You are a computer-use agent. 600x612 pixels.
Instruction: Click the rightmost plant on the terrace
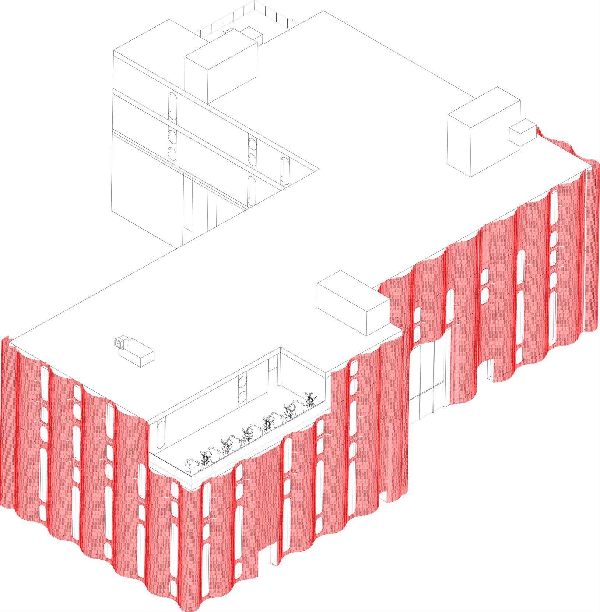(x=310, y=399)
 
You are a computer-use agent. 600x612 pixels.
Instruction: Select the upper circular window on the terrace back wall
(x=242, y=381)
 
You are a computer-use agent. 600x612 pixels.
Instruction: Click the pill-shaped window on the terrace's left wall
(x=161, y=434)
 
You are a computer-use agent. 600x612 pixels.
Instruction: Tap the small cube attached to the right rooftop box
(x=522, y=132)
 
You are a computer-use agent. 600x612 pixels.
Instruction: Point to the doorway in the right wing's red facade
(x=490, y=370)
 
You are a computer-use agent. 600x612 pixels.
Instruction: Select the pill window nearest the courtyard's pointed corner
(x=285, y=171)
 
